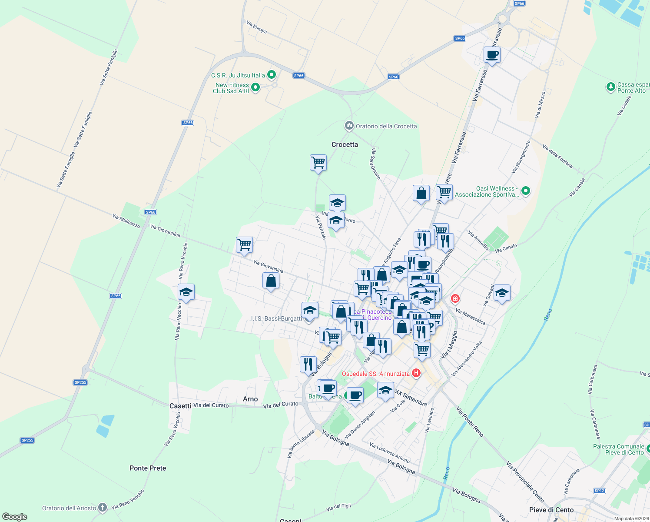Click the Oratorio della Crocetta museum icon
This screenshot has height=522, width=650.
[x=349, y=126]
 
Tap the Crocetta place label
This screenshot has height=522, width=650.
[x=345, y=144]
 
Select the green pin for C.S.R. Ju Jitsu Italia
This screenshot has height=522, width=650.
[x=272, y=75]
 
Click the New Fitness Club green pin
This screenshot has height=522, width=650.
[x=255, y=87]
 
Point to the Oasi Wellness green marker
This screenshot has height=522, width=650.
[x=526, y=191]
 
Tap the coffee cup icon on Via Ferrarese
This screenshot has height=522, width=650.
[x=492, y=55]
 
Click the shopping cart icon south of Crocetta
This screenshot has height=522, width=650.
[x=318, y=163]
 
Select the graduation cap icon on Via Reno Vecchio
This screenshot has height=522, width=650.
[x=186, y=292]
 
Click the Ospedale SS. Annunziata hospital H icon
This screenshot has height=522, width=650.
[x=416, y=373]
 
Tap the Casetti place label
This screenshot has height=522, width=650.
[x=180, y=406]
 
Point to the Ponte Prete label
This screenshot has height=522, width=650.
[x=148, y=468]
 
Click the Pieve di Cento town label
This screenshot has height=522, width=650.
[x=551, y=510]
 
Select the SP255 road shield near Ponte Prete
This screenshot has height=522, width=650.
[x=27, y=440]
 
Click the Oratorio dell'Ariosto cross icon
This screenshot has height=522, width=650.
[x=103, y=507]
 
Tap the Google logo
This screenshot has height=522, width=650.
[x=15, y=517]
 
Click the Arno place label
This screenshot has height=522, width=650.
[x=250, y=399]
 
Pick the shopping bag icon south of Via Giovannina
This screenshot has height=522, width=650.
[x=271, y=281]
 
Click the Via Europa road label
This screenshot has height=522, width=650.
[x=256, y=27]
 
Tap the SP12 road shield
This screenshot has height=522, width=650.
[x=600, y=491]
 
